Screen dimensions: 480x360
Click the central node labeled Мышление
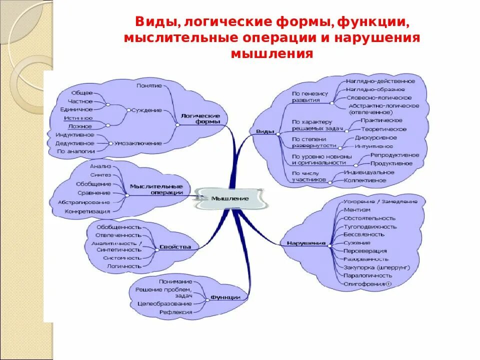pos(229,198)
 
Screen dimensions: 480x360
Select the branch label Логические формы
pos(200,118)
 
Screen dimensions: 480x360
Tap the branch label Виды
pos(264,131)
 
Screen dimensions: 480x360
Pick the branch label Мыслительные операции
pos(156,189)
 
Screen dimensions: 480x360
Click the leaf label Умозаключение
pos(137,143)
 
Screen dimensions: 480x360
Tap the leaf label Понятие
pos(149,85)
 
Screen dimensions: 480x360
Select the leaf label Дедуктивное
pos(74,143)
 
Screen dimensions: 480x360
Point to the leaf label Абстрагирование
pos(83,202)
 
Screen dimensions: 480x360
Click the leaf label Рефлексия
pos(175,312)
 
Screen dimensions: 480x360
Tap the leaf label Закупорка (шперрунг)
pos(376,267)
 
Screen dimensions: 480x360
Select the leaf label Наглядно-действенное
pos(380,80)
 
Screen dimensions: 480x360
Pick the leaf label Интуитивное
pos(373,146)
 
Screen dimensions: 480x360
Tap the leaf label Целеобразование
pos(164,303)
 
